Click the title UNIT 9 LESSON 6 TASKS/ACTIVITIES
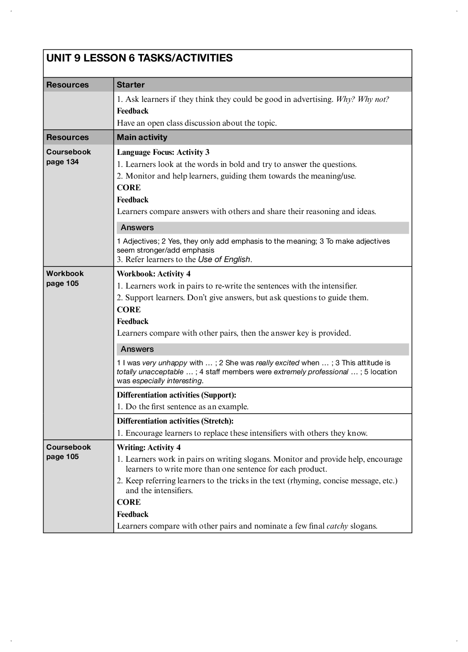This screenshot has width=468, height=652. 139,58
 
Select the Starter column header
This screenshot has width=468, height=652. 131,85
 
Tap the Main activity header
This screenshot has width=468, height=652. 142,137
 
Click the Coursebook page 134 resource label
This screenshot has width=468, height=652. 68,157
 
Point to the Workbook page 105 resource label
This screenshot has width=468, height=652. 65,278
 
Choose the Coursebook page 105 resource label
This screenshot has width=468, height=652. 68,452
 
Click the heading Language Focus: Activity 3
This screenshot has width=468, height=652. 163,152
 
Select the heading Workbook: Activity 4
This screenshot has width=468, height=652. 154,274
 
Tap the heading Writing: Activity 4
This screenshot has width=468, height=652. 149,447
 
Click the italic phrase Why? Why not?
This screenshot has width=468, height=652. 362,99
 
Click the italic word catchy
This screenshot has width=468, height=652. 337,526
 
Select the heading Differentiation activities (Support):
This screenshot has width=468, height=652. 177,395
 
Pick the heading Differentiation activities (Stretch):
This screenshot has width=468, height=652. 175,421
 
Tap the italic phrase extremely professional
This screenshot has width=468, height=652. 311,372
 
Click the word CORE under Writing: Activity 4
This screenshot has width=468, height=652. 129,502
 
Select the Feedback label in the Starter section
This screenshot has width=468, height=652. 132,111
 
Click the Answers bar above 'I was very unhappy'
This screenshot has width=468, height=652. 263,349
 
